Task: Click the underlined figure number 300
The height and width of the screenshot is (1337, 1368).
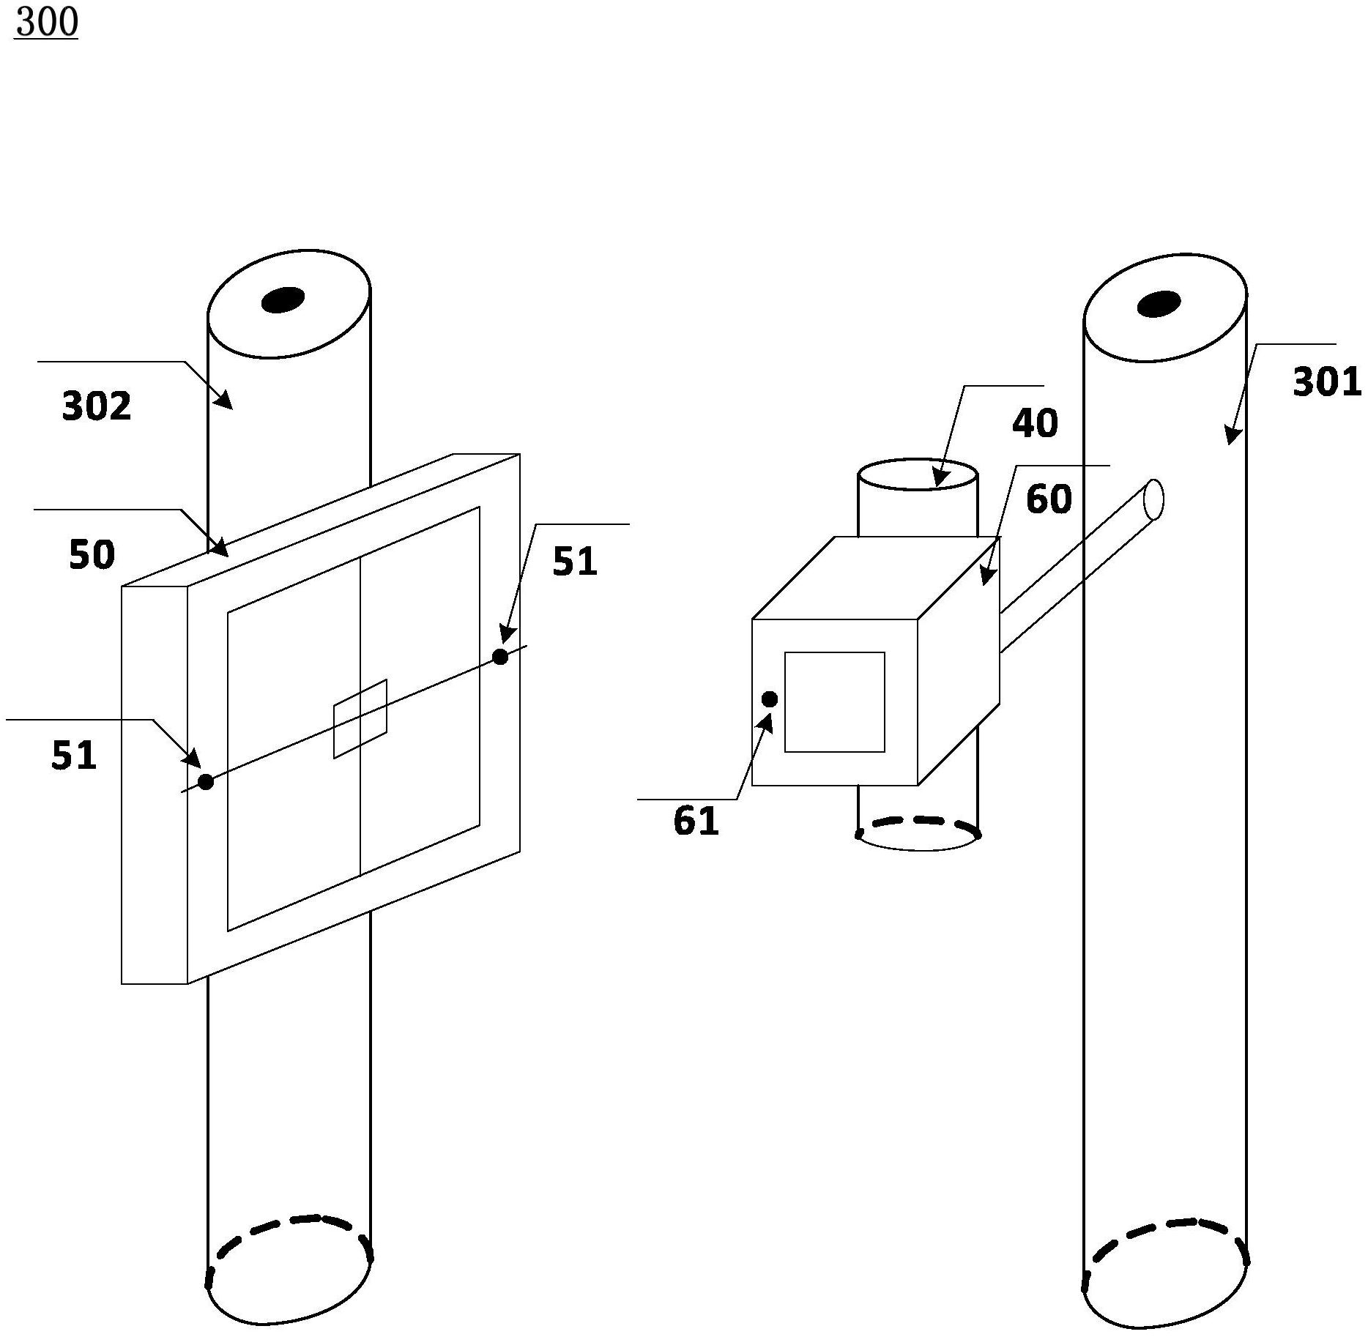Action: [46, 23]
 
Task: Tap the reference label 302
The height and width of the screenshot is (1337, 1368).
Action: [97, 406]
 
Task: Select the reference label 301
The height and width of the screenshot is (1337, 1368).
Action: [1327, 382]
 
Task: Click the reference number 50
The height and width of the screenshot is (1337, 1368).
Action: [92, 554]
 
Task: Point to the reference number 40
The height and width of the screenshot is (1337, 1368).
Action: [1035, 423]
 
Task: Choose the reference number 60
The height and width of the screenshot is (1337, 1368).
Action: [1049, 499]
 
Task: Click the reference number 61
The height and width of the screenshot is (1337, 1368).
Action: [696, 821]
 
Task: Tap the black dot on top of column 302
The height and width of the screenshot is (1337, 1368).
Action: [283, 299]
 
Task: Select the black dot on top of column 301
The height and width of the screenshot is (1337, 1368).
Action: [1159, 304]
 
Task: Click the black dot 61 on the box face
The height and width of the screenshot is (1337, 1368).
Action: [770, 700]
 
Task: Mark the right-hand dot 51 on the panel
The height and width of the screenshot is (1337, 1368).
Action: [500, 657]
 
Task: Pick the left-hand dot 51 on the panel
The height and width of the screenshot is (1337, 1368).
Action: [206, 782]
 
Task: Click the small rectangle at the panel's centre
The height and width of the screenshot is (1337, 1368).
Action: [360, 719]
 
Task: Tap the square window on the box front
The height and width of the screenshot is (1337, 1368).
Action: [835, 702]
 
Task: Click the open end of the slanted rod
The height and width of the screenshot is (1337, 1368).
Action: [1153, 499]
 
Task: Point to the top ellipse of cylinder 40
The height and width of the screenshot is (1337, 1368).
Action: [918, 474]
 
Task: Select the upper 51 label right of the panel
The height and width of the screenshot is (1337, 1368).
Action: [575, 562]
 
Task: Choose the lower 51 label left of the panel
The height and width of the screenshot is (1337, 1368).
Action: [74, 755]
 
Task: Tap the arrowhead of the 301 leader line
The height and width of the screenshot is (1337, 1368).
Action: [1233, 434]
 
